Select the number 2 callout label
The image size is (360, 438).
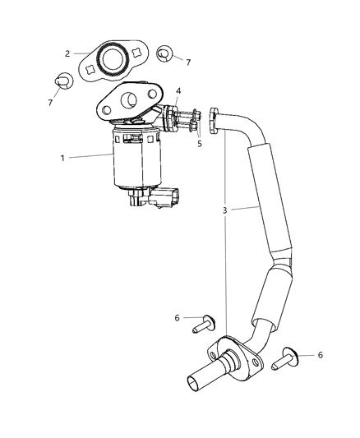tap(67, 53)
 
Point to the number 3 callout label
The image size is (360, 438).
tap(224, 210)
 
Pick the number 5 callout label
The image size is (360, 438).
tap(197, 143)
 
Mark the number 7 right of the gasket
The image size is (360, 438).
tap(189, 62)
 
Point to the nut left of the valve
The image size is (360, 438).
tap(62, 81)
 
